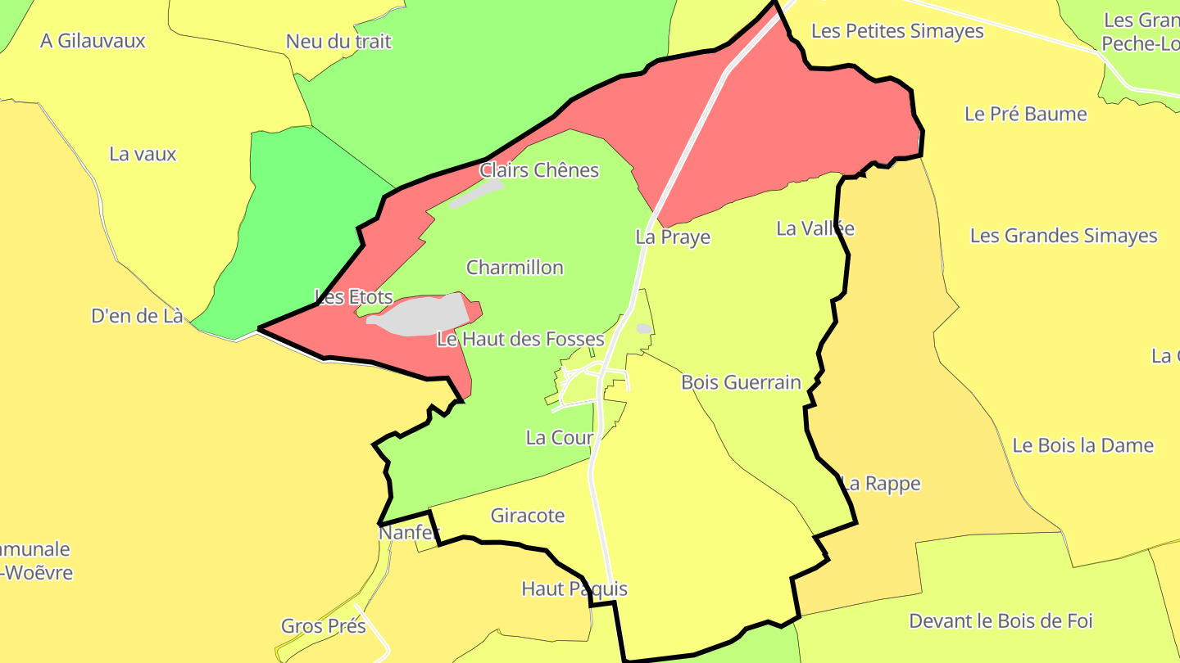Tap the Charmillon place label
(515, 268)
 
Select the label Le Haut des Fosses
(520, 339)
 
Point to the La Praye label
(673, 237)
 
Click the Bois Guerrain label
(741, 382)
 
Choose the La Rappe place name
(881, 484)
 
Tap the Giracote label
(528, 516)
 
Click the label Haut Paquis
(574, 589)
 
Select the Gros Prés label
(323, 626)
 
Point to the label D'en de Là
(138, 316)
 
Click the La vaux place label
(143, 154)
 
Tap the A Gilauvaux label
(93, 41)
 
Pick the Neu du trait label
(338, 42)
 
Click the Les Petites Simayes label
(897, 31)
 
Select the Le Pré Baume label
(1025, 114)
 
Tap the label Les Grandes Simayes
(1064, 236)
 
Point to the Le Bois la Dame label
(1083, 445)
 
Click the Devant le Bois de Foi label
(1001, 621)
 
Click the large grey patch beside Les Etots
(418, 315)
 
